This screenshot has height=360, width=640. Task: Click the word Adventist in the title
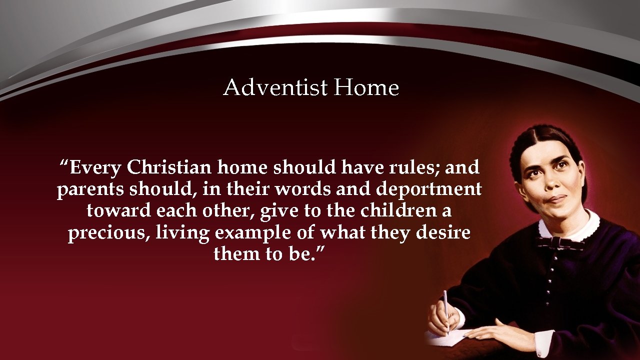click(x=275, y=87)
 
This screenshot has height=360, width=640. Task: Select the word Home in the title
click(x=366, y=87)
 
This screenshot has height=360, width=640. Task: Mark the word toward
click(x=118, y=210)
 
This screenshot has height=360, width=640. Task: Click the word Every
click(x=95, y=167)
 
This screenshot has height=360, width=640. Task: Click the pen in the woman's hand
click(x=445, y=307)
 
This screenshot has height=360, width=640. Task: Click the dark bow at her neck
click(x=560, y=243)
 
